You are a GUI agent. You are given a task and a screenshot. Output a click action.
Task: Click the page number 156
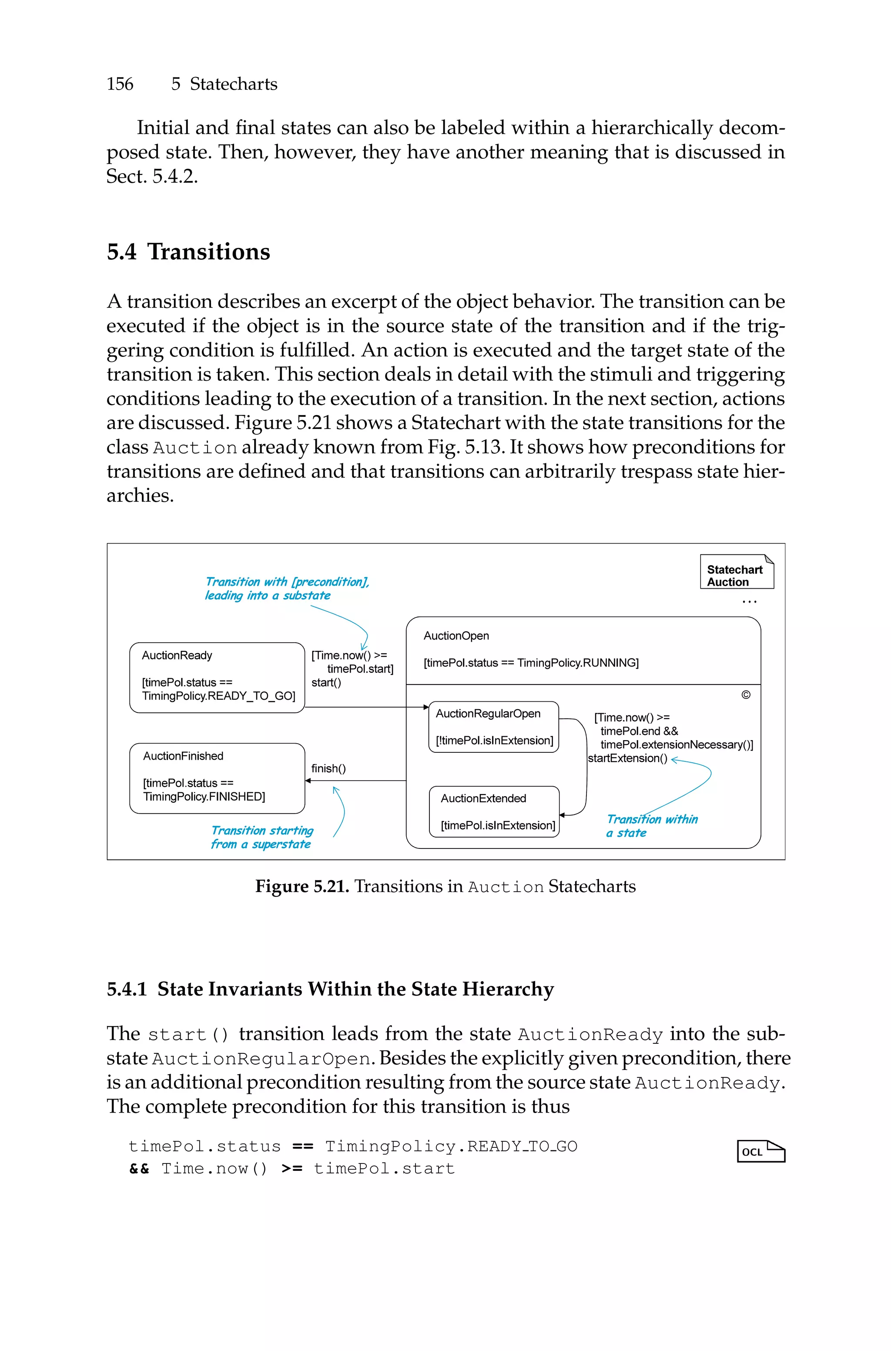pos(120,84)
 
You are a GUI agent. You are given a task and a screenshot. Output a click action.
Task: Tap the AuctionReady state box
pos(217,677)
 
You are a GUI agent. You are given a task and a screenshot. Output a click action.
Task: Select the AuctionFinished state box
pos(217,778)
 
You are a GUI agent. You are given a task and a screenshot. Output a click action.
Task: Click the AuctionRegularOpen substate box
pos(493,727)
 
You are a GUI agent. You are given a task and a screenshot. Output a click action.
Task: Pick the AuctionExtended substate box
pos(494,811)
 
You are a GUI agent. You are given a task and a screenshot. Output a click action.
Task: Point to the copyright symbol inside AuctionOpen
pos(746,695)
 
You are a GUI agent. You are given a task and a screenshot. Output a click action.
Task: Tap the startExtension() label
pos(627,758)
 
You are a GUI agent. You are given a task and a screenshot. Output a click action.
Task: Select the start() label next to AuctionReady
pos(326,683)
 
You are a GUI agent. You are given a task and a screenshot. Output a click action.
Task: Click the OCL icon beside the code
pos(760,1151)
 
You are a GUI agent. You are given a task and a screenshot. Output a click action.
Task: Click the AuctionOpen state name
pos(456,636)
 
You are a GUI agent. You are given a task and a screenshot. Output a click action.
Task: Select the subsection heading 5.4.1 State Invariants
pos(330,989)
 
